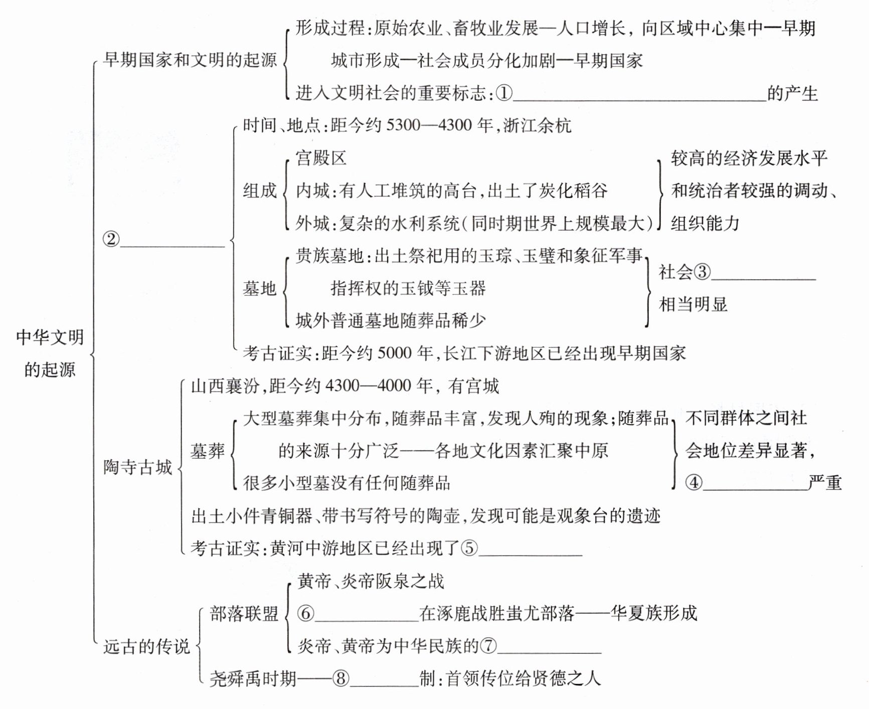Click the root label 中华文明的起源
[x=50, y=353]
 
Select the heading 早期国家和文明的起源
[x=190, y=60]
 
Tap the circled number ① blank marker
[x=504, y=93]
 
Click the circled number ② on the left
[x=111, y=239]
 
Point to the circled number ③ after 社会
[x=702, y=272]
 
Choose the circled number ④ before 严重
[x=694, y=482]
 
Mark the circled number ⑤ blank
[x=469, y=548]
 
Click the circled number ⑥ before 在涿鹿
[x=306, y=613]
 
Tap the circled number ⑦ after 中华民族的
[x=488, y=646]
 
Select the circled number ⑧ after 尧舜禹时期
[x=340, y=678]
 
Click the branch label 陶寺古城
[x=137, y=467]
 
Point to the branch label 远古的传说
[x=146, y=646]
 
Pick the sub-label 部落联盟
[x=244, y=613]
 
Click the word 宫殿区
[x=321, y=158]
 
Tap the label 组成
[x=260, y=191]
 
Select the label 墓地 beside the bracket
[x=260, y=288]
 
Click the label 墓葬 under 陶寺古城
[x=208, y=451]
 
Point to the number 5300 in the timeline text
[x=403, y=125]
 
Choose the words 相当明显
[x=693, y=304]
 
